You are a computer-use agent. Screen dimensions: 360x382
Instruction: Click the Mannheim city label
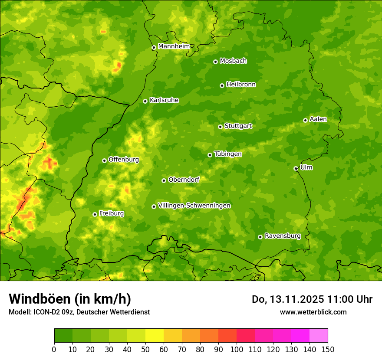point(174,46)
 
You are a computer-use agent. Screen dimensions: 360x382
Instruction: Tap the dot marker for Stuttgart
point(220,127)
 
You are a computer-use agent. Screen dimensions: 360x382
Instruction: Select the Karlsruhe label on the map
point(164,100)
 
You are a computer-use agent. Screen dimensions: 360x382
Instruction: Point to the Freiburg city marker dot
point(95,214)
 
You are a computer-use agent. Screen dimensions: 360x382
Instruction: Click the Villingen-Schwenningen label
point(194,206)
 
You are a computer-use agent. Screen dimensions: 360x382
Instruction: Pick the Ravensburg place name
point(282,236)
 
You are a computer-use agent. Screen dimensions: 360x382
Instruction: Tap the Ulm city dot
point(296,169)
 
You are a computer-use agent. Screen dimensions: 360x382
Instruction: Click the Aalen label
point(318,119)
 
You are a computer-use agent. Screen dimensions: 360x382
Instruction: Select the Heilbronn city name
point(241,85)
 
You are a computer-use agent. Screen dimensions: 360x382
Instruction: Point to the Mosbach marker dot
point(215,62)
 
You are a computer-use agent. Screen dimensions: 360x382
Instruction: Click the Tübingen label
point(227,154)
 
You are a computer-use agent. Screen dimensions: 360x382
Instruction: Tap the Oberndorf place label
point(184,180)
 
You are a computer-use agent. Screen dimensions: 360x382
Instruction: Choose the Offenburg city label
point(124,160)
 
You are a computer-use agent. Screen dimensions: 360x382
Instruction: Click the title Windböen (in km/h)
point(70,299)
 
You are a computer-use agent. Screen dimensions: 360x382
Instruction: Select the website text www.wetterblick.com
point(313,312)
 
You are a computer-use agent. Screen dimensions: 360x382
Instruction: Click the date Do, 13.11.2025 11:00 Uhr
point(312,299)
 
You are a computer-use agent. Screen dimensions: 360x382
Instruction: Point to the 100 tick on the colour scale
point(237,349)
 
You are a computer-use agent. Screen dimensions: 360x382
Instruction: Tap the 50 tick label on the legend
point(145,349)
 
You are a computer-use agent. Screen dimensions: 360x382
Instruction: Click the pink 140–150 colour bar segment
point(319,336)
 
